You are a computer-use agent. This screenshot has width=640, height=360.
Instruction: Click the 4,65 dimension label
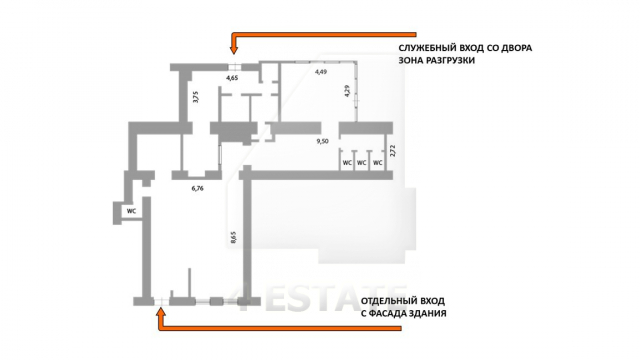[x=232, y=78]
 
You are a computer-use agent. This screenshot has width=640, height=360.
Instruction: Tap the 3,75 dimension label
[x=196, y=96]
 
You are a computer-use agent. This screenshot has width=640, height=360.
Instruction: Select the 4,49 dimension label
[x=320, y=72]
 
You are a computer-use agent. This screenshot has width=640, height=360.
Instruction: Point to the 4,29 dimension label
[x=347, y=91]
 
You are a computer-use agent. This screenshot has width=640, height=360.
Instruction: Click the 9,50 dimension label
[x=322, y=141]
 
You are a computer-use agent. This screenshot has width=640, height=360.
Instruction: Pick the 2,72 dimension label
[x=393, y=151]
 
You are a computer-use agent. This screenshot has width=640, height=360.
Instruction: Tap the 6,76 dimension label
[x=198, y=189]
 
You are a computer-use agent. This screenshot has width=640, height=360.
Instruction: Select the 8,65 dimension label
[x=233, y=238]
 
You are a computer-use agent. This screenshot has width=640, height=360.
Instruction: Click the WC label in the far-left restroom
[x=131, y=211]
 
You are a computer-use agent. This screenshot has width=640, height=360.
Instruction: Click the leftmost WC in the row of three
[x=347, y=163]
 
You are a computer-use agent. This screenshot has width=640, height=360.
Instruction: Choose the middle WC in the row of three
[x=362, y=163]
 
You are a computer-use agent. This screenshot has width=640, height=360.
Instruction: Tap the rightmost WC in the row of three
[x=378, y=163]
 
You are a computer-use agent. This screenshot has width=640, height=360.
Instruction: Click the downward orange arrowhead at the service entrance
[x=233, y=50]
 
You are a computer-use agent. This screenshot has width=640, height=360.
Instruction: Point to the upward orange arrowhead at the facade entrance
[x=162, y=312]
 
